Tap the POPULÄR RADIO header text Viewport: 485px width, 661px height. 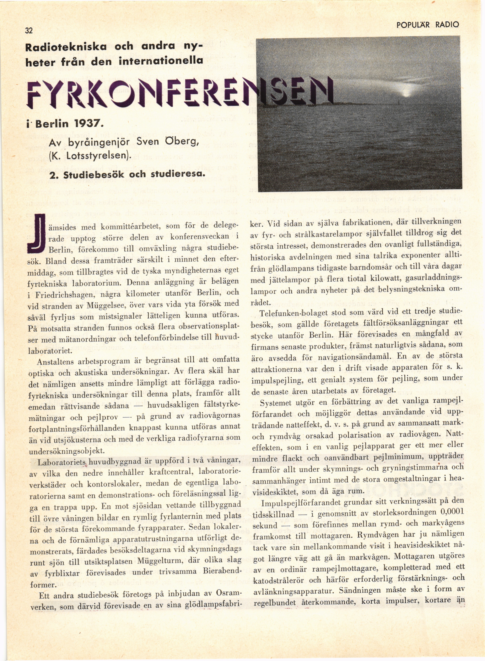(x=427, y=25)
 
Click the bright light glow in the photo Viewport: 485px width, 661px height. (x=406, y=93)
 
